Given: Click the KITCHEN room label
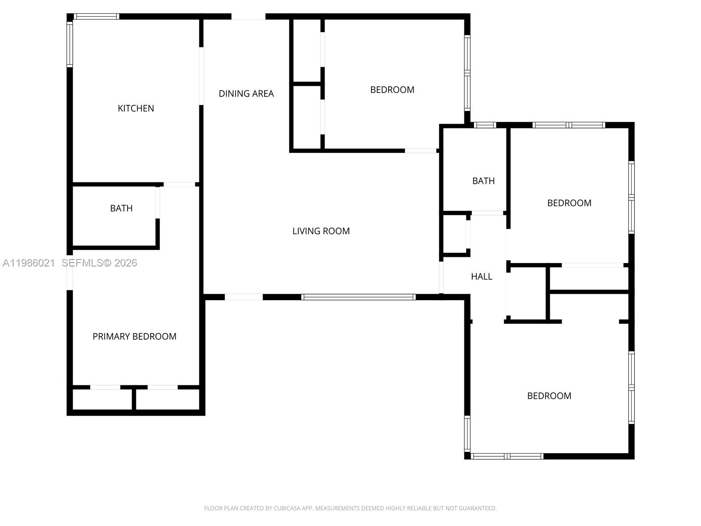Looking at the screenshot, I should [x=136, y=108].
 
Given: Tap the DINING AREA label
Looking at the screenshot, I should [x=246, y=93].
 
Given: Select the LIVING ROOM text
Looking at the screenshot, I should [x=321, y=231].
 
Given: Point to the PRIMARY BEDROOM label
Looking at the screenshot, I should [x=135, y=336].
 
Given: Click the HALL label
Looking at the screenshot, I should [x=481, y=277].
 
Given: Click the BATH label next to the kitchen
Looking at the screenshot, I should [x=121, y=208].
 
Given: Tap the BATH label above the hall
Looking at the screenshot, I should [x=483, y=181].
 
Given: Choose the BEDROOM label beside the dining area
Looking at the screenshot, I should [x=392, y=90].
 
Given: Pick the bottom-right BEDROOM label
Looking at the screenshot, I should [x=549, y=396].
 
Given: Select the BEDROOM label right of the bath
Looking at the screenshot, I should [x=569, y=203].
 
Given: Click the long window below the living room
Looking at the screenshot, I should [x=358, y=297].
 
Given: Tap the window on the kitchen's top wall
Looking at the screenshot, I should [x=96, y=17].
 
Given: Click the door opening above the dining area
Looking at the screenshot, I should [x=248, y=17].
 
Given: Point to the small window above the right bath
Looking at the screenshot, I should [x=485, y=125].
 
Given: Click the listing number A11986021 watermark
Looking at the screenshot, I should [x=29, y=263].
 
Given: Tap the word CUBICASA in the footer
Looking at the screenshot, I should [x=286, y=508].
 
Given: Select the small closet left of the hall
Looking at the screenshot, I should [x=455, y=234].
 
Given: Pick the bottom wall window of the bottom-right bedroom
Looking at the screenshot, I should [x=507, y=456].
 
